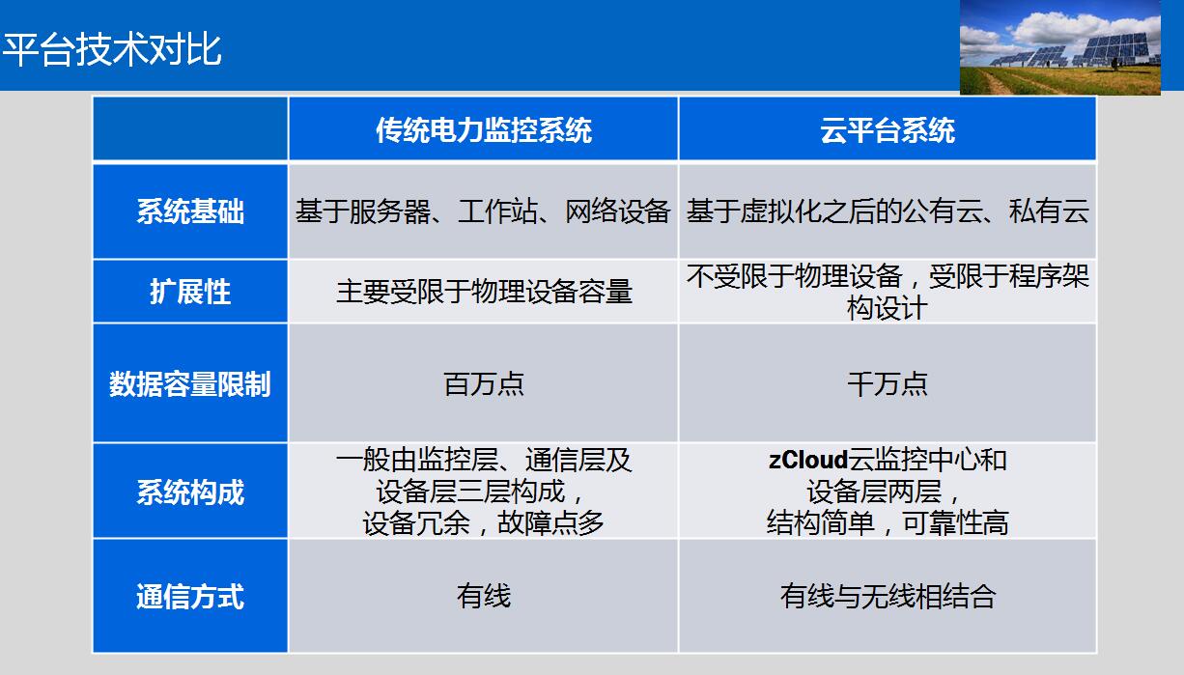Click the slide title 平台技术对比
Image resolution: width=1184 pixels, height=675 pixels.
point(111,49)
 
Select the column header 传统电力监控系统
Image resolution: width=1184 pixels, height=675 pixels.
point(484,130)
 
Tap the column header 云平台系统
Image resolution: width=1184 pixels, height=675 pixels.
point(888,130)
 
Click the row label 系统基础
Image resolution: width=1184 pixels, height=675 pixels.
point(190,211)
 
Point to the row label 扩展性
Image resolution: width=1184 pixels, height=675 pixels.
point(190,292)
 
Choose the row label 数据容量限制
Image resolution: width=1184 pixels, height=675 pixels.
point(190,383)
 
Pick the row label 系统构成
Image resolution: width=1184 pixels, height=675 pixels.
point(190,492)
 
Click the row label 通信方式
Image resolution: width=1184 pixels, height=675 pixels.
point(190,596)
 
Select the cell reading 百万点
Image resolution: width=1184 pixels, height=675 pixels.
point(484,383)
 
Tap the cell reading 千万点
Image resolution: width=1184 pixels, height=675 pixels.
point(888,383)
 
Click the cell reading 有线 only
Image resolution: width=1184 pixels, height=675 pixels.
point(484,596)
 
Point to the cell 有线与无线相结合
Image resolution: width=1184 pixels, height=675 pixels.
point(888,596)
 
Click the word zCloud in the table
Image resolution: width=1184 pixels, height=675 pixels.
point(808,460)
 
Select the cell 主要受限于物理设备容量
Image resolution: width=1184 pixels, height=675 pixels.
point(484,292)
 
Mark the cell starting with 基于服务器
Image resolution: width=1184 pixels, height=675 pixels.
point(483,211)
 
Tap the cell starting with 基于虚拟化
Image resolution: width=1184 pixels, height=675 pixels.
point(888,211)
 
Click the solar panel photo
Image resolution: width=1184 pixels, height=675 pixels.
point(1059,47)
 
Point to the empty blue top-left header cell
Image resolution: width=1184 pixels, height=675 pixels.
point(190,128)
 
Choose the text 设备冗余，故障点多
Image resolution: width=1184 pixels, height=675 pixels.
point(483,523)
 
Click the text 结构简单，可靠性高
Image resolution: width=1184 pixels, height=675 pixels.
point(888,523)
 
